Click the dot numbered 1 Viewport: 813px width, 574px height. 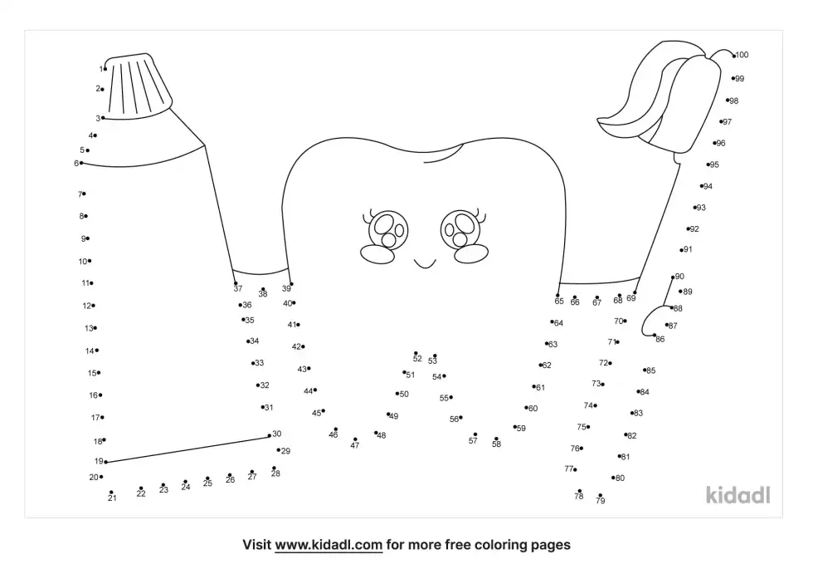(105, 68)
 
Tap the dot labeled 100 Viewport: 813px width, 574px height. (733, 55)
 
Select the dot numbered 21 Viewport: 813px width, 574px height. (111, 492)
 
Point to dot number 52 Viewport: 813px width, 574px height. (416, 353)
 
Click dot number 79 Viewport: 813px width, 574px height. (600, 495)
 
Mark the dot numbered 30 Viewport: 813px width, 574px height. (269, 435)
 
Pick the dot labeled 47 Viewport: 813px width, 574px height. (355, 439)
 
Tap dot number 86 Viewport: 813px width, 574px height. (655, 336)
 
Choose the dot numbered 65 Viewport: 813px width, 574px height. (557, 296)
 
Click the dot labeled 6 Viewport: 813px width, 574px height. (81, 163)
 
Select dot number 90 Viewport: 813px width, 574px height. (673, 277)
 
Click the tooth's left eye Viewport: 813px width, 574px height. (388, 229)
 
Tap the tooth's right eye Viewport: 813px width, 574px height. (460, 229)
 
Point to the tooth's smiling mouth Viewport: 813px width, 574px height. (425, 266)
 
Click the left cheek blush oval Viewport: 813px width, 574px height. (377, 254)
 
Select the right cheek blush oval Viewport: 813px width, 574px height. (471, 254)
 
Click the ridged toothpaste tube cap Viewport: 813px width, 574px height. (138, 86)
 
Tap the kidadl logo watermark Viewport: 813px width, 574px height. (738, 495)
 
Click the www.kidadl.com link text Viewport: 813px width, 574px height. (329, 545)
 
